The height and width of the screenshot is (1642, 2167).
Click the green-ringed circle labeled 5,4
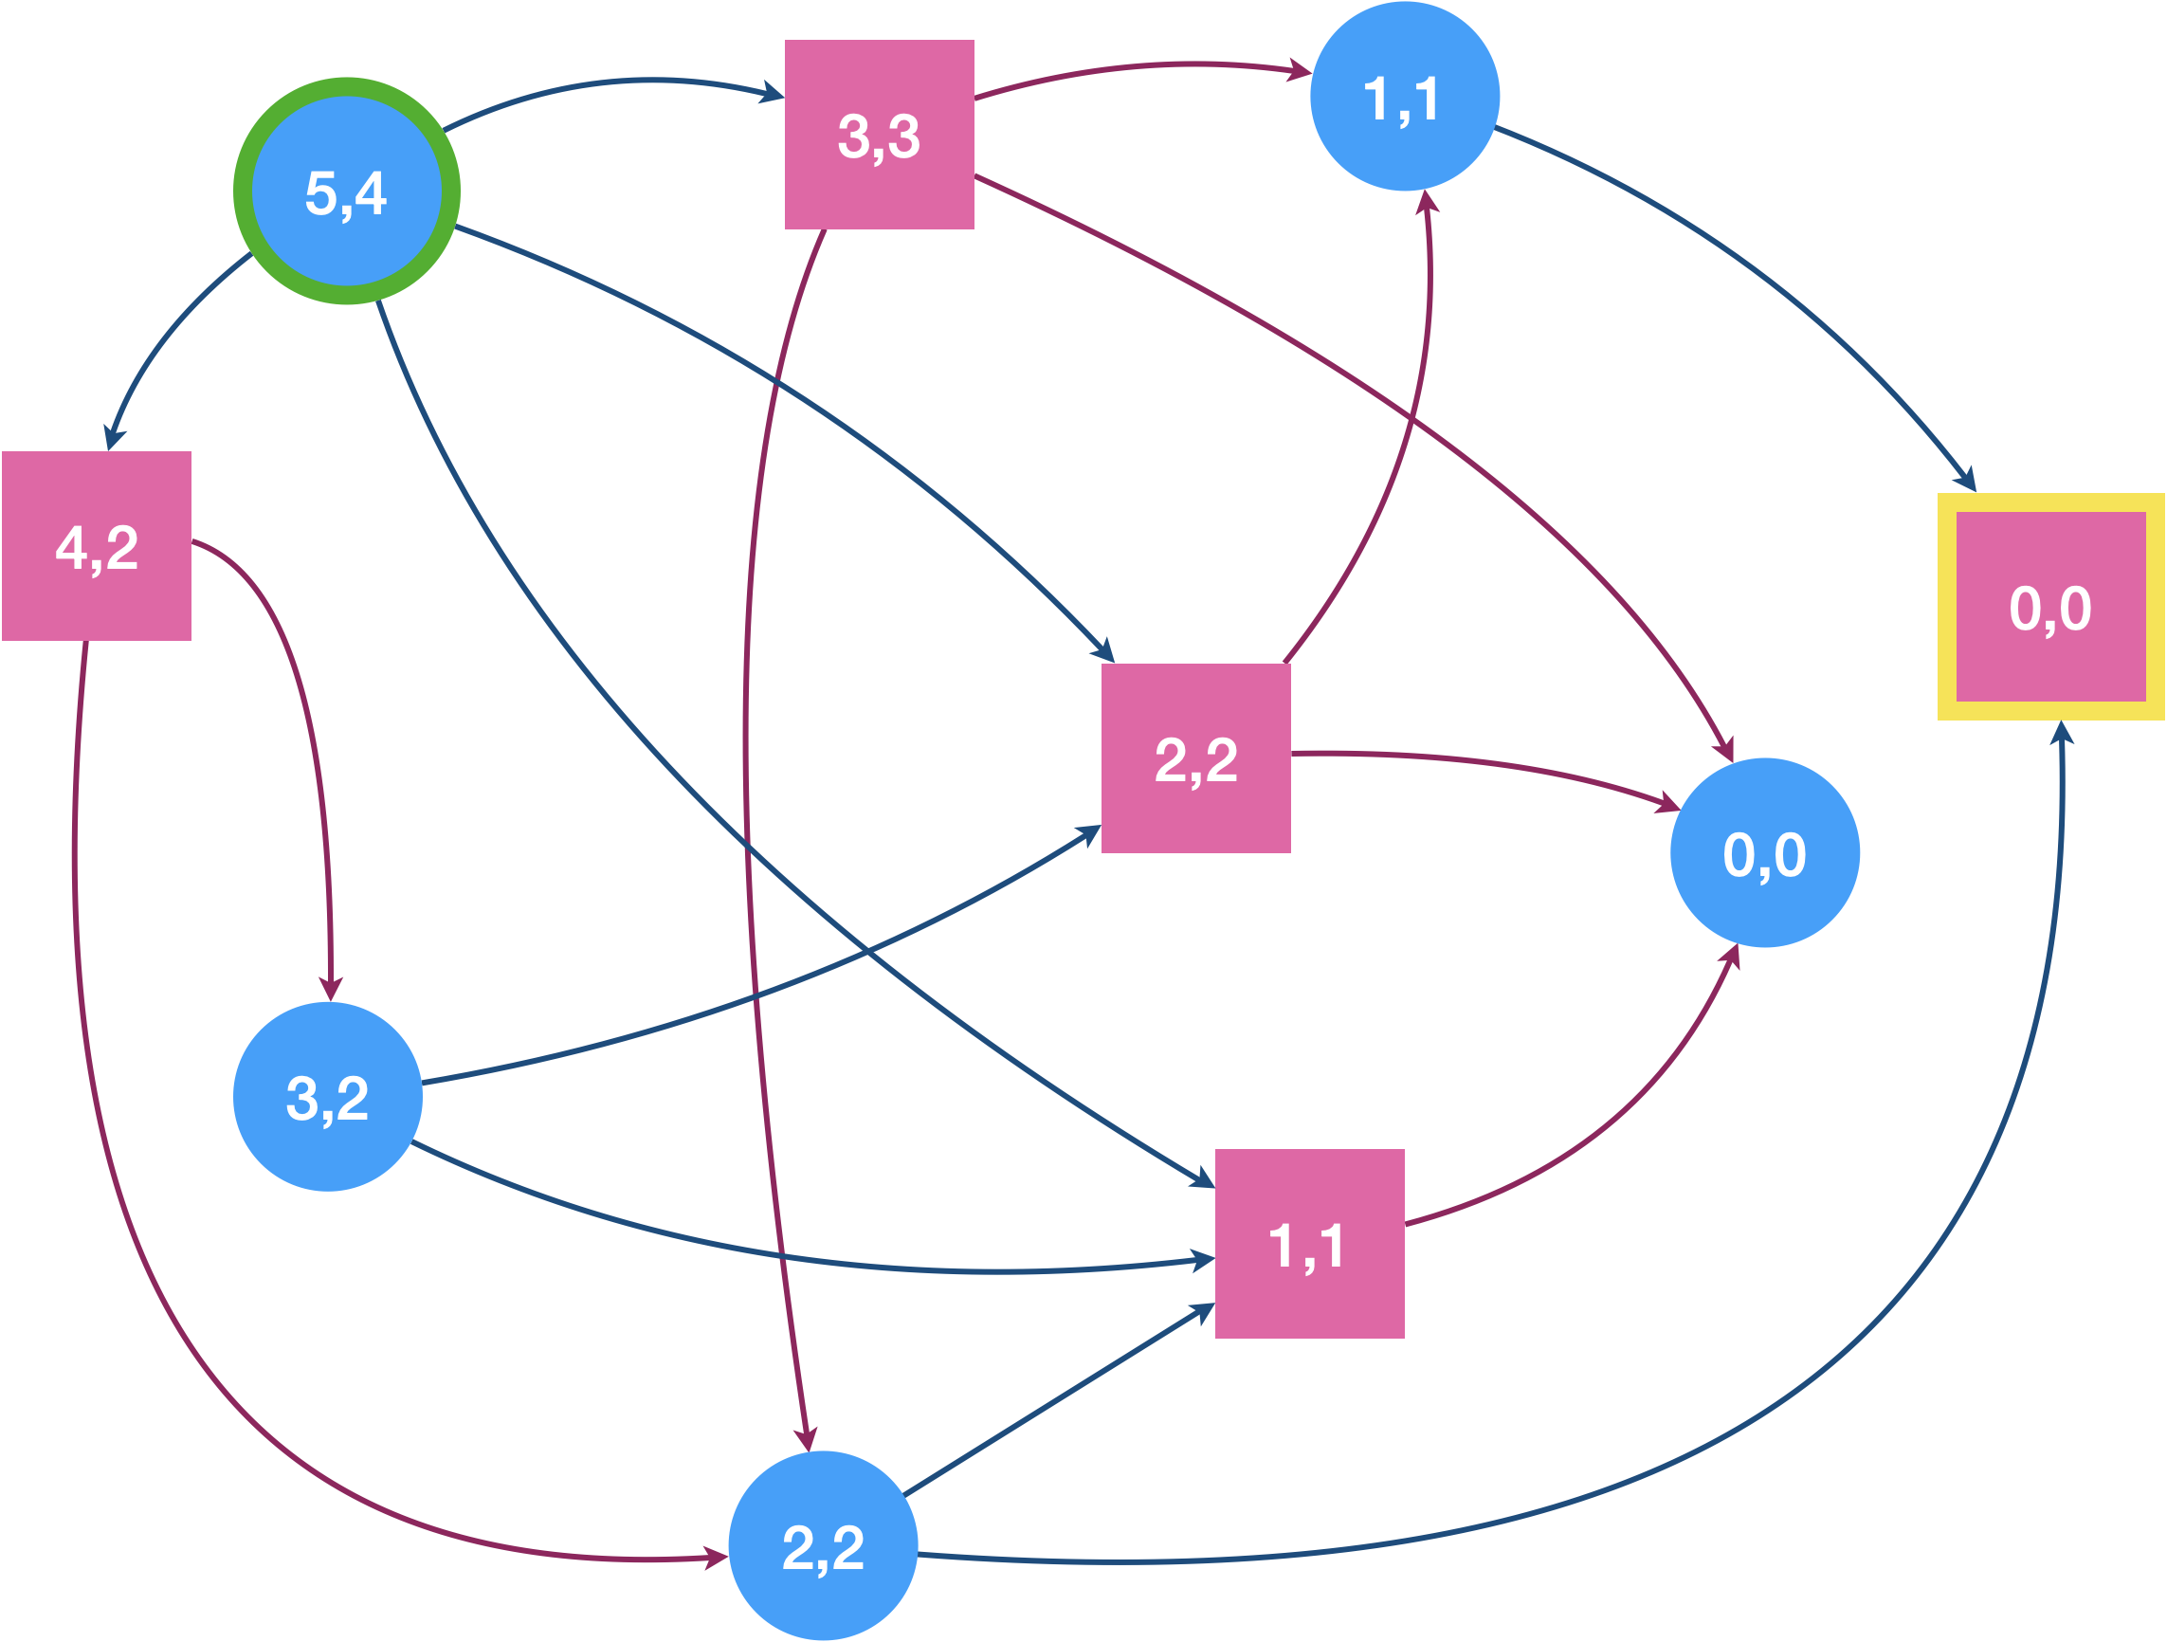[x=347, y=192]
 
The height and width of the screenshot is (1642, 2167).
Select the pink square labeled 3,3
[x=880, y=135]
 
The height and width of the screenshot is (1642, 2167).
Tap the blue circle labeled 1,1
[x=1405, y=96]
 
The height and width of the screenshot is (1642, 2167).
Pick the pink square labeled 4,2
[x=97, y=546]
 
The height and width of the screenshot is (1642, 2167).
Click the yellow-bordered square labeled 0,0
[x=2051, y=607]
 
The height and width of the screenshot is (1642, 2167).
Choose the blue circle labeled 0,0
[x=1765, y=852]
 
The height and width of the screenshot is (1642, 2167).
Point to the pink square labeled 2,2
[x=1196, y=758]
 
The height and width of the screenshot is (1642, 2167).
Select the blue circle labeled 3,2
[x=328, y=1096]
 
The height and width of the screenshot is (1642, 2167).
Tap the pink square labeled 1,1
[x=1310, y=1243]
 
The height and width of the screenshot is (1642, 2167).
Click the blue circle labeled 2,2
[x=823, y=1545]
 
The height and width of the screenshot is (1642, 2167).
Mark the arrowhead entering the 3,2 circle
[x=331, y=989]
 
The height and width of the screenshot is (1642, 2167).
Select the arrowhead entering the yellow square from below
[x=2061, y=733]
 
